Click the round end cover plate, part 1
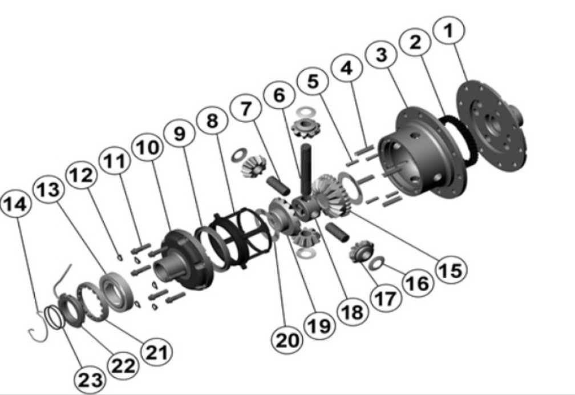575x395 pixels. tap(492, 127)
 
